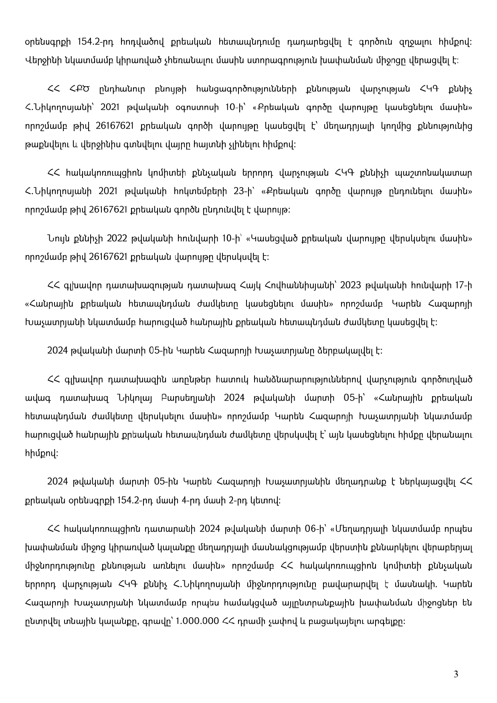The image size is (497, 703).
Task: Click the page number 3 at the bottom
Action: pos(456,674)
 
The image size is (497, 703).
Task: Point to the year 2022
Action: pos(117,238)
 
